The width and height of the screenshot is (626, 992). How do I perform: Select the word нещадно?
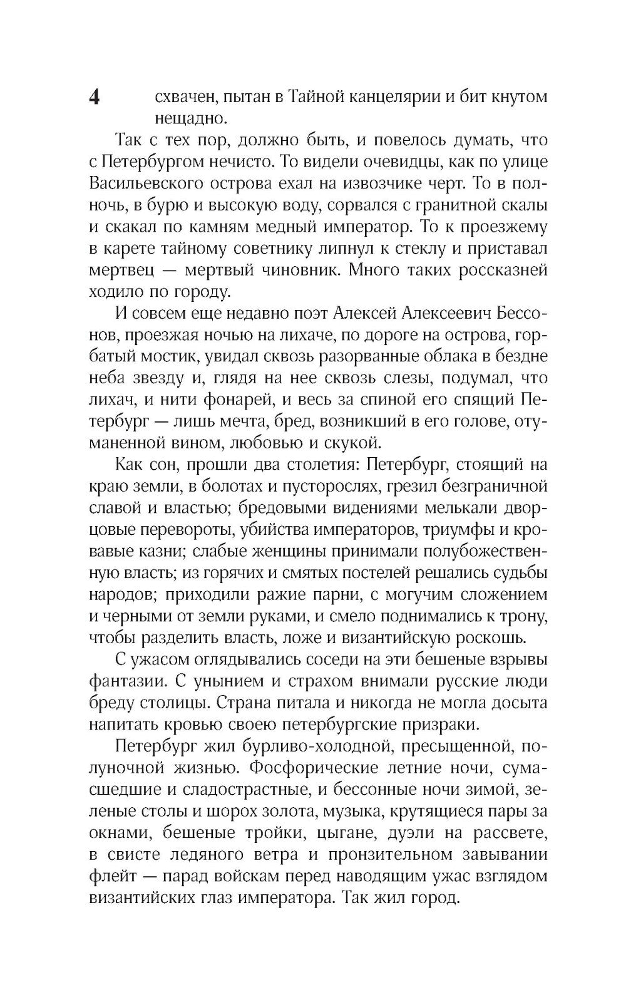point(186,119)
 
